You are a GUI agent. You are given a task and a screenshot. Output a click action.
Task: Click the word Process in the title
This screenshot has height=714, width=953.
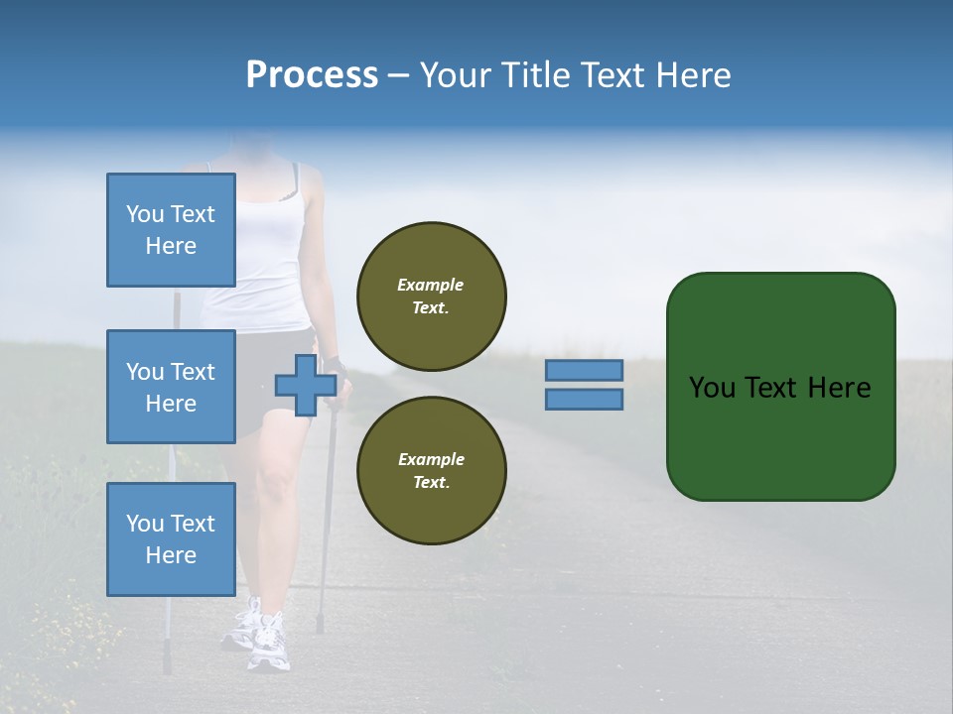click(x=312, y=75)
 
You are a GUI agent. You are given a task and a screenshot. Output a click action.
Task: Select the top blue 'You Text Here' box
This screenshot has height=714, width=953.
click(x=171, y=230)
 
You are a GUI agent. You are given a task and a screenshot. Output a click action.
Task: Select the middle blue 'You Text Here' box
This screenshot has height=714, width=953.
click(x=171, y=387)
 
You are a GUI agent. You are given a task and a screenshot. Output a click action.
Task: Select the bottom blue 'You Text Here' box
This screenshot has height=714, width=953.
click(x=171, y=539)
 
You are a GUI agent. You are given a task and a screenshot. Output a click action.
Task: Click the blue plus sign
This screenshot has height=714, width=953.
click(x=305, y=386)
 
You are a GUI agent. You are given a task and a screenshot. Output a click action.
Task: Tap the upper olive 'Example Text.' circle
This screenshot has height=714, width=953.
click(x=431, y=297)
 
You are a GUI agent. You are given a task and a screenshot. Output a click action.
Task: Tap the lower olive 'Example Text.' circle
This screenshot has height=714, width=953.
click(x=431, y=471)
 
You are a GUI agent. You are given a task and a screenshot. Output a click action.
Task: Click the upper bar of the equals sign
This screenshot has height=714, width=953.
click(x=584, y=371)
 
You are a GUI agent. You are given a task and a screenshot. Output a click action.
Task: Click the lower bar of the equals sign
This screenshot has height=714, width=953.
click(x=584, y=400)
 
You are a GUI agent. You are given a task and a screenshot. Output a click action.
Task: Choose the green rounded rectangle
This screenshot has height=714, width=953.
click(x=780, y=387)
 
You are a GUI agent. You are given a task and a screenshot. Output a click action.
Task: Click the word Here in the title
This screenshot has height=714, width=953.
click(x=693, y=75)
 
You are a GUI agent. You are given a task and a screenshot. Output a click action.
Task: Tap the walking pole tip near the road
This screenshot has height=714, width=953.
click(x=320, y=627)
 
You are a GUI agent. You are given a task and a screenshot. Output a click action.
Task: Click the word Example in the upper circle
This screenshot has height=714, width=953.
click(x=431, y=285)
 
